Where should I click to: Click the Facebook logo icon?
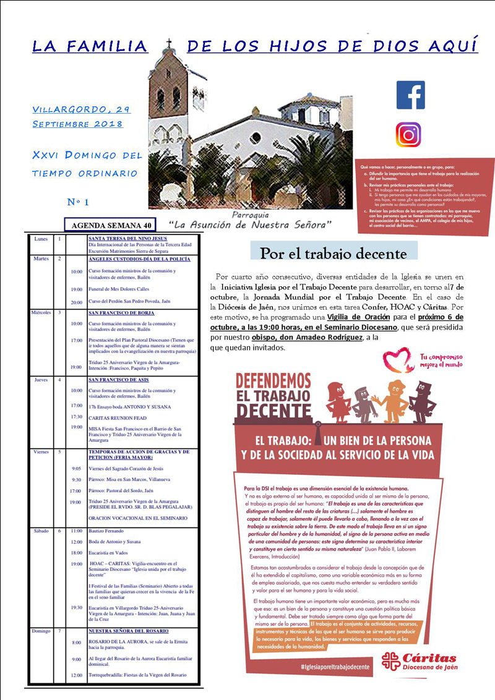click(x=410, y=95)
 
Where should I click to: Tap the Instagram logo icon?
click(x=408, y=135)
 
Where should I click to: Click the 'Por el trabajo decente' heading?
click(x=334, y=253)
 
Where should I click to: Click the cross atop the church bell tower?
click(x=168, y=43)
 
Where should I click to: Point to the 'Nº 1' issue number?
click(x=78, y=202)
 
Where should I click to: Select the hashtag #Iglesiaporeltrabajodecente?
click(x=334, y=667)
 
